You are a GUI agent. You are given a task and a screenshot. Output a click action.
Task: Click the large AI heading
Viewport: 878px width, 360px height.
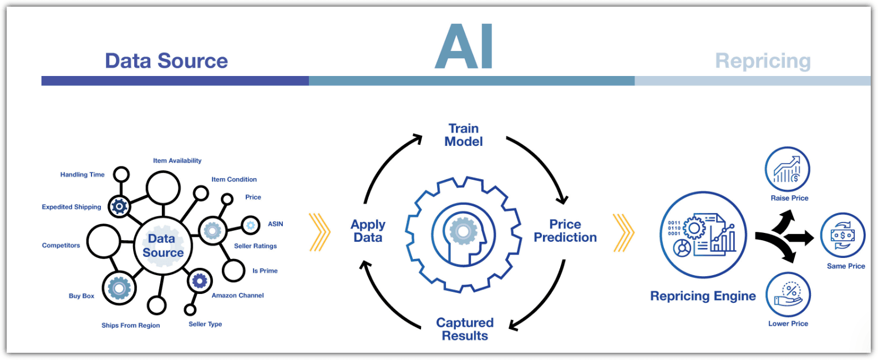(x=464, y=46)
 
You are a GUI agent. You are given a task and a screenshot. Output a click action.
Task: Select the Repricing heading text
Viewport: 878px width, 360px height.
(x=763, y=62)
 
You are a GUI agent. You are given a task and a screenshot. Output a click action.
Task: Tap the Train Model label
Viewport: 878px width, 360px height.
(x=464, y=135)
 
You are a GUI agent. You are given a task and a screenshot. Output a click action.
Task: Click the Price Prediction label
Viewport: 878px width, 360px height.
(x=565, y=231)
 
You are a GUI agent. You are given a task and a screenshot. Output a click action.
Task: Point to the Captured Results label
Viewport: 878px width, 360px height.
(x=465, y=329)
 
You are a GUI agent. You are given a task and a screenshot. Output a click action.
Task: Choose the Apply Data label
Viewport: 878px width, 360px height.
(x=368, y=231)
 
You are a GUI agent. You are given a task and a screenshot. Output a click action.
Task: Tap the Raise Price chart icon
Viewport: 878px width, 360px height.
(x=787, y=169)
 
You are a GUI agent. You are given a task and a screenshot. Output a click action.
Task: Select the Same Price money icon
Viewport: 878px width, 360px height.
(x=843, y=235)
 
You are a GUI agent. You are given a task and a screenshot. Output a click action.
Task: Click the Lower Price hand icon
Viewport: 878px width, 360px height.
(x=788, y=295)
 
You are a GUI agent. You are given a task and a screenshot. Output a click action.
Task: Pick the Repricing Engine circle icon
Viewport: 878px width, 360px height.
(x=703, y=235)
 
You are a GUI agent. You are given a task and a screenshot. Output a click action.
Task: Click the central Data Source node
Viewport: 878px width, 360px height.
(x=163, y=246)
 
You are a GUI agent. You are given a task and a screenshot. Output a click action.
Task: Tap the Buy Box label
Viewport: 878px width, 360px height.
(x=82, y=296)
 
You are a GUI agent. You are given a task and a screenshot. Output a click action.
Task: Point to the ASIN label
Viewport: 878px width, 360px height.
(x=275, y=224)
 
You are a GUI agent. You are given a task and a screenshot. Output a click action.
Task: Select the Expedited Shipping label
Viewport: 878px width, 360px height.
(x=72, y=207)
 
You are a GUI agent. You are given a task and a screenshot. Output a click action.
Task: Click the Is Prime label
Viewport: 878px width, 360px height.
(x=265, y=271)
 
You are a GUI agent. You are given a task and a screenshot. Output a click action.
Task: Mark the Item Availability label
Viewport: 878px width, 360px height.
(x=177, y=160)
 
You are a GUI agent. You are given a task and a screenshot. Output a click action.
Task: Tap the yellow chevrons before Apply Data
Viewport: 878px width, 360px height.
(x=320, y=232)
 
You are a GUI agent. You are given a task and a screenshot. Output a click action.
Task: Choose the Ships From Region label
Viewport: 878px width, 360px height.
(x=130, y=326)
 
